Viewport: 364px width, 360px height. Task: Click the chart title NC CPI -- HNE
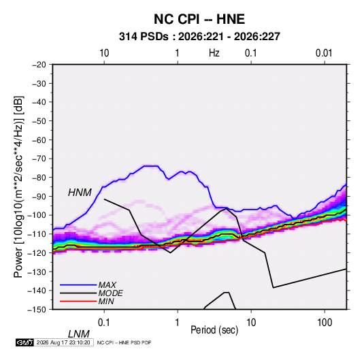199,19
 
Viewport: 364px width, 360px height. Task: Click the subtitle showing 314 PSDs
199,37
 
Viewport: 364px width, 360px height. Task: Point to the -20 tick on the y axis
39,65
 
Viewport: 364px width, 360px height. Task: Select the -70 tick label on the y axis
39,159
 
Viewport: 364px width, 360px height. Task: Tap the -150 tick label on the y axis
37,310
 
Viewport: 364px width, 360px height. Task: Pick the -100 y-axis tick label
37,215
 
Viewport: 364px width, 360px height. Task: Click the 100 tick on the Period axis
325,323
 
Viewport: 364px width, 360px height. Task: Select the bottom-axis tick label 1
178,323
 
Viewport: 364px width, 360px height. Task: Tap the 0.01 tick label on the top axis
324,53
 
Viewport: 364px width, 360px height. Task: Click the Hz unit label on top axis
214,53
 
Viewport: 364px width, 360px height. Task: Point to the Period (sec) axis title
214,330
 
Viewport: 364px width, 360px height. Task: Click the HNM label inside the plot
80,193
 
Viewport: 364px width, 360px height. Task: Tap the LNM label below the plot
79,334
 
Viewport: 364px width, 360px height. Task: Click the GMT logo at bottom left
24,342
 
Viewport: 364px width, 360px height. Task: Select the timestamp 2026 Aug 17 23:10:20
63,342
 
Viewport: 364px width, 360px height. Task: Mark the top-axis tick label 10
104,53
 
